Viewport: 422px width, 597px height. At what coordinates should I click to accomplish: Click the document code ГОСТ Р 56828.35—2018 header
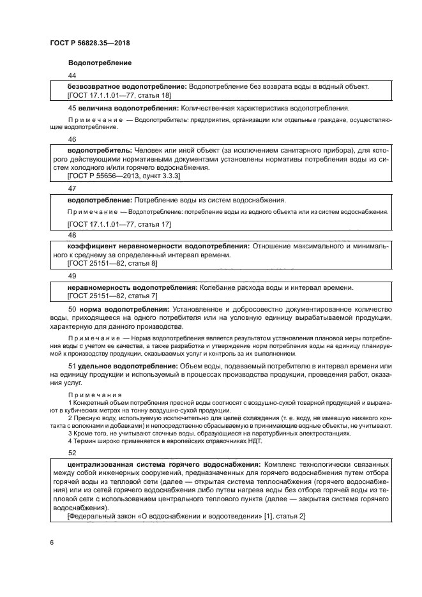point(94,43)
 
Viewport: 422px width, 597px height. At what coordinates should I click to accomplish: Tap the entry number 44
point(72,76)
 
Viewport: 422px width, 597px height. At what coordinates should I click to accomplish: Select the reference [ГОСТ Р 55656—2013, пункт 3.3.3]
point(124,174)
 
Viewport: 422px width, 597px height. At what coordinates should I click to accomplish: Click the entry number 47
point(72,188)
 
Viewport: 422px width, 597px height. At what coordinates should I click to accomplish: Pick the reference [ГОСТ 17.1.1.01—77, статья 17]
point(119,224)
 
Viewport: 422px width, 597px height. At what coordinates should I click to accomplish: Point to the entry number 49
point(72,276)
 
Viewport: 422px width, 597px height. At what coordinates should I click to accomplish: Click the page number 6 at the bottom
point(51,541)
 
